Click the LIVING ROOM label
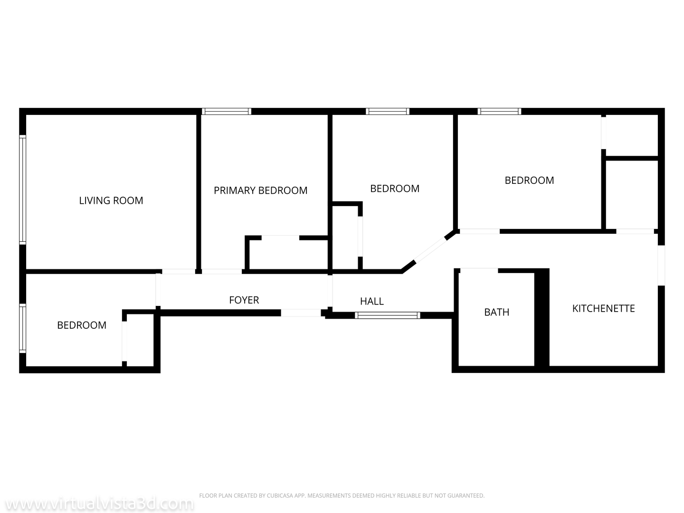click(x=111, y=200)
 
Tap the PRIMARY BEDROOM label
click(x=260, y=190)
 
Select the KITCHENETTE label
click(x=603, y=308)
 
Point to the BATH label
click(x=496, y=312)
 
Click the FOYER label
click(x=244, y=300)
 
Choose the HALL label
click(x=372, y=301)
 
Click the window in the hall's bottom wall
click(x=388, y=315)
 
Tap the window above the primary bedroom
click(x=226, y=112)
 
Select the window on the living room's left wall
click(x=22, y=190)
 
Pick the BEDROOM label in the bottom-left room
click(x=82, y=325)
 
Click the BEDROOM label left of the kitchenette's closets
click(x=529, y=180)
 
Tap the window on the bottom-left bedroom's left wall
click(x=22, y=328)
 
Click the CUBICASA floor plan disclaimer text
click(x=342, y=495)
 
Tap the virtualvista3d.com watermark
click(x=97, y=504)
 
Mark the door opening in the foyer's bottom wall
click(x=301, y=313)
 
